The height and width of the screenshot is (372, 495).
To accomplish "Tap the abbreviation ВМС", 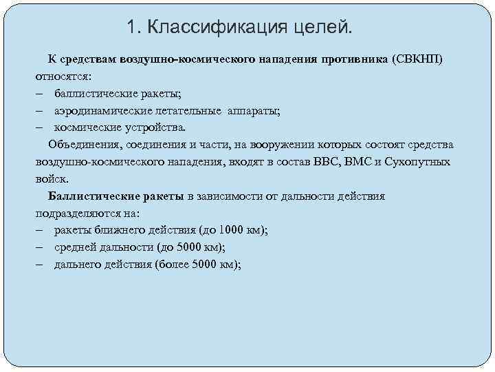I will pos(356,162).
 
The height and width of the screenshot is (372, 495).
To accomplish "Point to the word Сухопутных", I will pos(418,162).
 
